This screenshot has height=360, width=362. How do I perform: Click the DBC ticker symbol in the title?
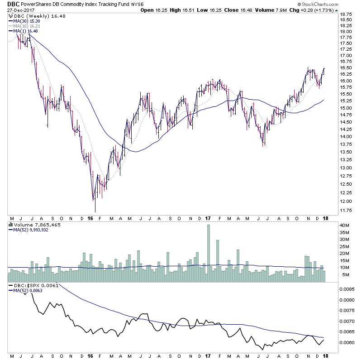click(x=13, y=4)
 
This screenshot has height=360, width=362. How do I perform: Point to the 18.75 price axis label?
click(x=347, y=14)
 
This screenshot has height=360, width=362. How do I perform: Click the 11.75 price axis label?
click(x=347, y=210)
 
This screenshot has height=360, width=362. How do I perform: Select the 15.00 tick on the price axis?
click(x=347, y=108)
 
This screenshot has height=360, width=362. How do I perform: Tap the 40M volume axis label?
click(x=345, y=226)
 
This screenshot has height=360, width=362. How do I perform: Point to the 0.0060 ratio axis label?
click(x=348, y=342)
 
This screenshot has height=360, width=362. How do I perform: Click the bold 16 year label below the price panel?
click(x=91, y=218)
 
